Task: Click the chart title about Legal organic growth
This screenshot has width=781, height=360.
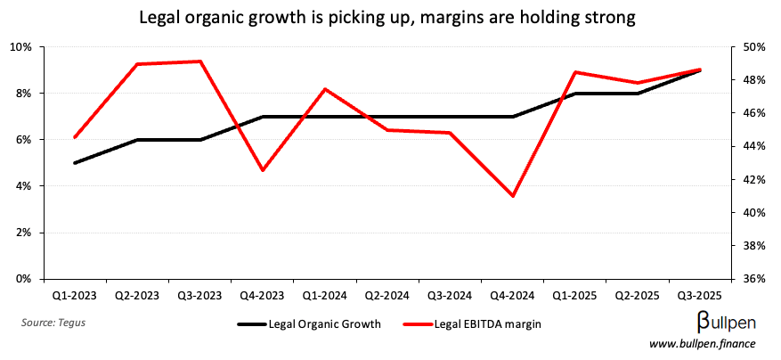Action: click(390, 17)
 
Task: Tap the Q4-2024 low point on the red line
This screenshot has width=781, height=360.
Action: click(513, 196)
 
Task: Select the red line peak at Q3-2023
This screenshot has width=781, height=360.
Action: click(200, 61)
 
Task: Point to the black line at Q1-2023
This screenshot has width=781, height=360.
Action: click(75, 163)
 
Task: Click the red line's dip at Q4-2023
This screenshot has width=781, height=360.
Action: click(263, 170)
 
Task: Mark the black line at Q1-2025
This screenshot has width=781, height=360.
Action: click(576, 93)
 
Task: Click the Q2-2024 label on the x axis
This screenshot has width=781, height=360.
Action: click(387, 294)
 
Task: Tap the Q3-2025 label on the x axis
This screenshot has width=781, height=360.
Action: click(700, 294)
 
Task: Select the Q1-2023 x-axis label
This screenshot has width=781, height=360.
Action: click(75, 294)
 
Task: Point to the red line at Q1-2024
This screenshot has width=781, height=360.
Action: click(325, 89)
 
